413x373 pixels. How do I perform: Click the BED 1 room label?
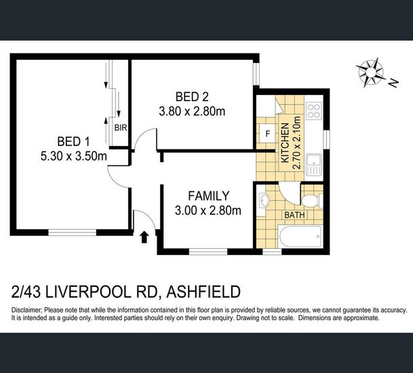coord(73,142)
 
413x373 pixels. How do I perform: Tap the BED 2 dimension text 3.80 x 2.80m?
coord(192,111)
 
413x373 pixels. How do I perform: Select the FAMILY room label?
coord(209,196)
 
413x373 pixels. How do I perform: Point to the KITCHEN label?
coord(286,143)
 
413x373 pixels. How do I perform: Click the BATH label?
coord(294,215)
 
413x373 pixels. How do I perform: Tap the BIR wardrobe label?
coord(121,128)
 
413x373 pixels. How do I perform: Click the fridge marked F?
coord(268,134)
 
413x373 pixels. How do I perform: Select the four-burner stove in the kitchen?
coord(314,111)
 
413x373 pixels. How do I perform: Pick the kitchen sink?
coord(314,165)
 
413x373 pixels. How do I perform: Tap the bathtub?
coord(301,236)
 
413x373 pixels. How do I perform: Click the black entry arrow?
coord(144,237)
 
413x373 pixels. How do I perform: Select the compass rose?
coord(370,72)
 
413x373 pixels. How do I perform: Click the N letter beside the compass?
coord(394,83)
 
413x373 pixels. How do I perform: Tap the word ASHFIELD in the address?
coord(203,292)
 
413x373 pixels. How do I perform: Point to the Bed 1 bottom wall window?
coord(73,232)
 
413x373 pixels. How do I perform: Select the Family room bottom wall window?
coord(208,252)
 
